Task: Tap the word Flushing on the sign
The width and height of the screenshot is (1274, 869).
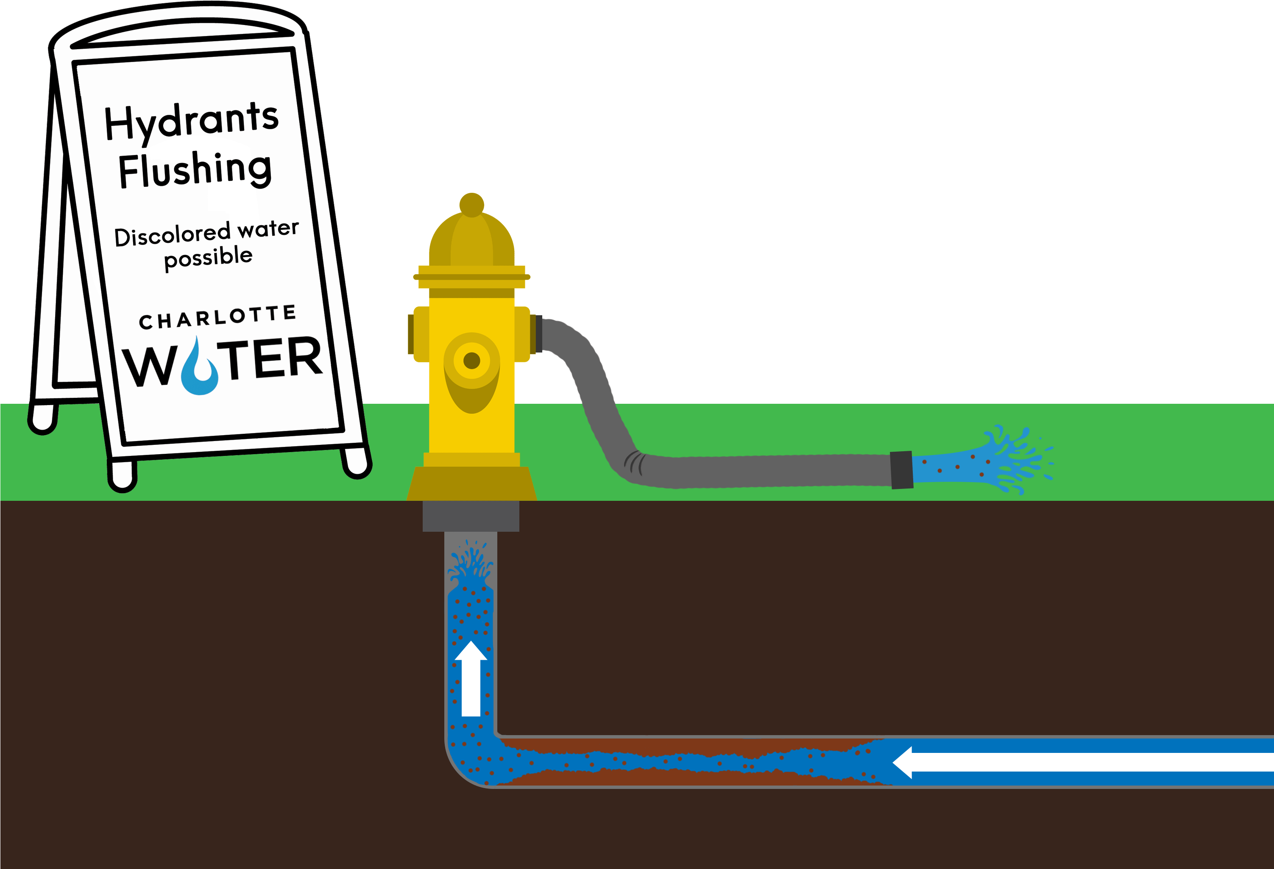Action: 195,170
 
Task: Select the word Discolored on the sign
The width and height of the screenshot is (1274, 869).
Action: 172,235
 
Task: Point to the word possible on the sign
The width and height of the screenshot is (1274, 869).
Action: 208,257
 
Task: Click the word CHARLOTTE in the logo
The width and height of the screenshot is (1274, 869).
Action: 217,318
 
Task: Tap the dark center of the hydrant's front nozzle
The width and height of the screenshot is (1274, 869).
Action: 471,361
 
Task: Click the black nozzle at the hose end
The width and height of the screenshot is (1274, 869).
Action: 901,469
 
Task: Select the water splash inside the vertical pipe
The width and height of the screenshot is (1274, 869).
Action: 470,564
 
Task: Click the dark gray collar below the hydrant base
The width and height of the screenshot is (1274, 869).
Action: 470,516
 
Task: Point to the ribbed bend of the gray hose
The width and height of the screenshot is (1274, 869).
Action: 635,463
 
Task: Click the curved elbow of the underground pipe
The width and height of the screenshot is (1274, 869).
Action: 466,762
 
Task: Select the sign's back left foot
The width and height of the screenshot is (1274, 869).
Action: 43,419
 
